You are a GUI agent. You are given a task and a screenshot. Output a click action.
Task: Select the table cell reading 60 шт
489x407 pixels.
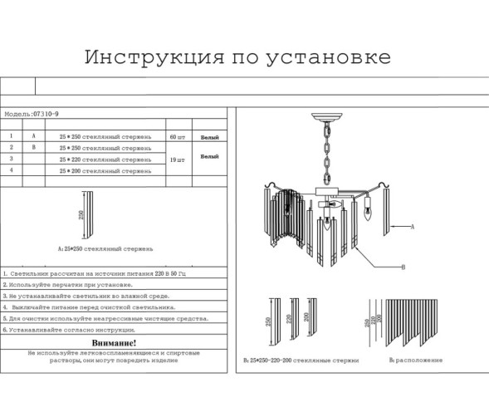tap(178, 135)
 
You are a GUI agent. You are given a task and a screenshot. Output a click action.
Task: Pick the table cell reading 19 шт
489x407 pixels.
tap(178, 159)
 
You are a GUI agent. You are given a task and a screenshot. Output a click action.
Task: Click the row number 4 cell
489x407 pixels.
tap(11, 170)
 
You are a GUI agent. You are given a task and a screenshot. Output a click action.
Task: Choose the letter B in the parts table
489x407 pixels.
tap(33, 147)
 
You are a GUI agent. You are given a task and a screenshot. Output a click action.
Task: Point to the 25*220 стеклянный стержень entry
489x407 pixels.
tap(105, 159)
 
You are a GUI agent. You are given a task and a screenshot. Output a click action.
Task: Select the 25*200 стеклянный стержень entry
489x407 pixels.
tap(105, 170)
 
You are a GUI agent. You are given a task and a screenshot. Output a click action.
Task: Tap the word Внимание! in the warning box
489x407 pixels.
tap(114, 342)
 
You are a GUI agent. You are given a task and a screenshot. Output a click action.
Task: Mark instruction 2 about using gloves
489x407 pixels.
tap(66, 284)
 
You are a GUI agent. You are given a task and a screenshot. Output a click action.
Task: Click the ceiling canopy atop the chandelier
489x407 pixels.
tap(324, 118)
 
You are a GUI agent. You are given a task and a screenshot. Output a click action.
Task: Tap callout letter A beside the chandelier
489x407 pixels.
tap(413, 225)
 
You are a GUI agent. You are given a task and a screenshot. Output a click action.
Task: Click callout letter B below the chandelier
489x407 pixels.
tap(403, 267)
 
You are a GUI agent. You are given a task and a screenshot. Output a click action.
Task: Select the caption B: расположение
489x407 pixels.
tap(415, 360)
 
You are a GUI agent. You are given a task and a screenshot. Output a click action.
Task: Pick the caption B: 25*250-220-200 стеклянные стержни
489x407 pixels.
tap(301, 360)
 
